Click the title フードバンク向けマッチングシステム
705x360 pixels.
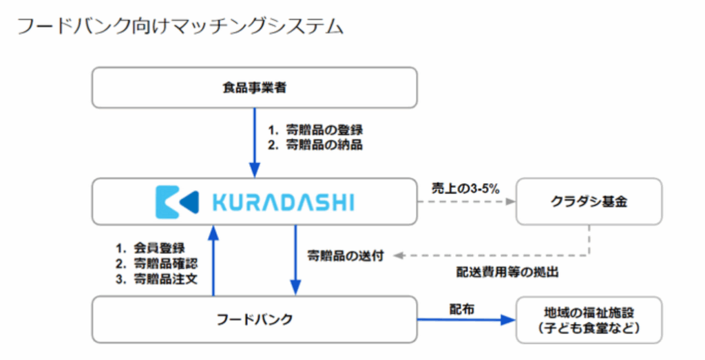(180, 26)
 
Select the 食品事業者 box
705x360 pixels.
(255, 87)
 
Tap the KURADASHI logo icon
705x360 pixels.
(177, 202)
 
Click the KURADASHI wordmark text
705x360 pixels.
(283, 202)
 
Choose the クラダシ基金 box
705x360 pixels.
(589, 202)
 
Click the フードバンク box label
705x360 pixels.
(255, 319)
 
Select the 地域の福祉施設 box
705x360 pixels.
(589, 320)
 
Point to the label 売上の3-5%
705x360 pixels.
(465, 189)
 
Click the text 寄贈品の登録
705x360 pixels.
(324, 130)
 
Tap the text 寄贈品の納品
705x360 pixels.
(324, 145)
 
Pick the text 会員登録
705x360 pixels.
(159, 248)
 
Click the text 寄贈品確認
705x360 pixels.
(165, 264)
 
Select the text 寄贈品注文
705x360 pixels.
(165, 279)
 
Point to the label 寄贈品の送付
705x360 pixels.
(346, 256)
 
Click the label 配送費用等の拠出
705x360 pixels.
(507, 273)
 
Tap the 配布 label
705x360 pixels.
(462, 309)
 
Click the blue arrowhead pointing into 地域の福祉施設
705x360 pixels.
(508, 319)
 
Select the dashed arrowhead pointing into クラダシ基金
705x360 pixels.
(510, 202)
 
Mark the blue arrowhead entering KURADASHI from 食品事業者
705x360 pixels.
(255, 170)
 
